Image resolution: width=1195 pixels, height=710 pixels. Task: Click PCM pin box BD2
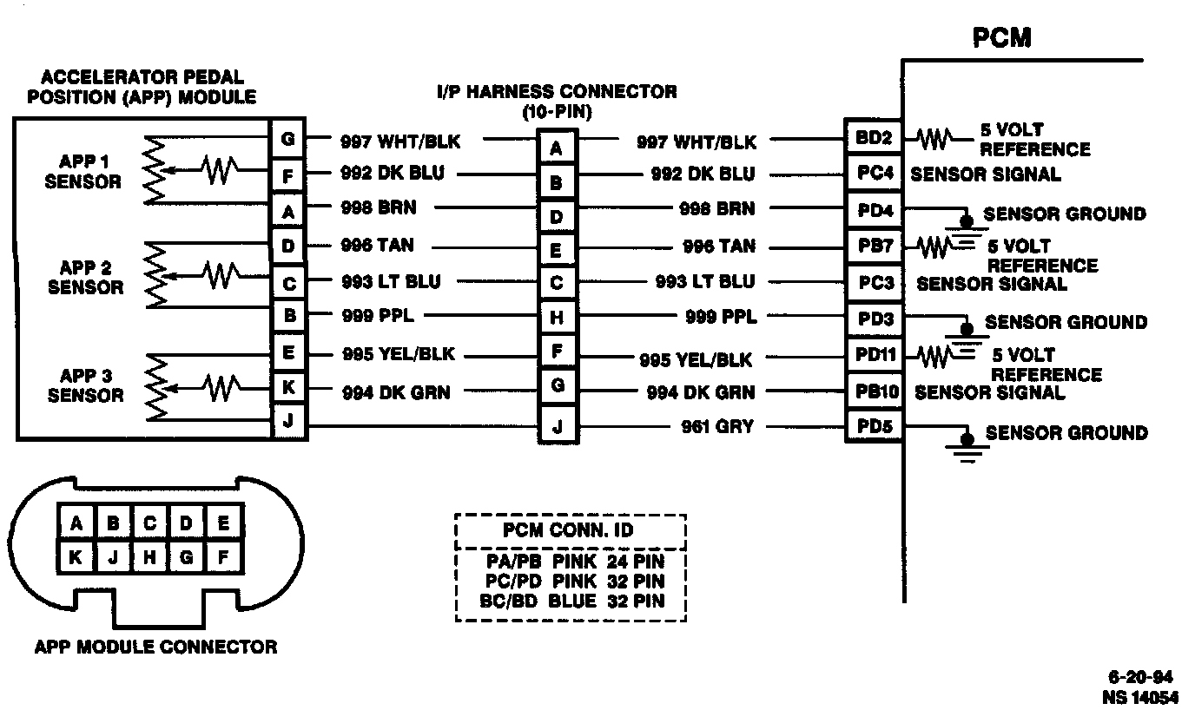tap(874, 138)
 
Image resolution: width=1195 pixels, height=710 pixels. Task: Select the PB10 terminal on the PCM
tap(874, 391)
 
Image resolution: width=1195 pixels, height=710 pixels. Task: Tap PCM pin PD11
tap(874, 356)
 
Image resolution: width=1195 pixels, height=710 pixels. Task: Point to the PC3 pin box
tap(874, 282)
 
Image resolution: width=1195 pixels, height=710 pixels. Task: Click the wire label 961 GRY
tap(717, 426)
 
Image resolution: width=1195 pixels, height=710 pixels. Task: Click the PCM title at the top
tap(1001, 38)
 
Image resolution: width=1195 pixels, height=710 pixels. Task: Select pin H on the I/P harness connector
tap(557, 319)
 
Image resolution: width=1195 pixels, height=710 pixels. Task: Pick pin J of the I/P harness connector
tap(557, 427)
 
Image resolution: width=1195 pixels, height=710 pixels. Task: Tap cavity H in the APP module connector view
tap(150, 558)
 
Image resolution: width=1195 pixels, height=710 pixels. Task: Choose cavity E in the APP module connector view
tap(223, 523)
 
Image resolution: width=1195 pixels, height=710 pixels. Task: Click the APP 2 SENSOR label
tap(84, 277)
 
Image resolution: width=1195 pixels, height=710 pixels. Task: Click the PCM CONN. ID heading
tap(570, 530)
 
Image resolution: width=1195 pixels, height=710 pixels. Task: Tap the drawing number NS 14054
tap(1140, 696)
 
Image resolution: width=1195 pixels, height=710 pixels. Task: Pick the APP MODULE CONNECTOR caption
tap(156, 647)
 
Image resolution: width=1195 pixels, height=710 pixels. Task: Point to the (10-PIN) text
tap(557, 112)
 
